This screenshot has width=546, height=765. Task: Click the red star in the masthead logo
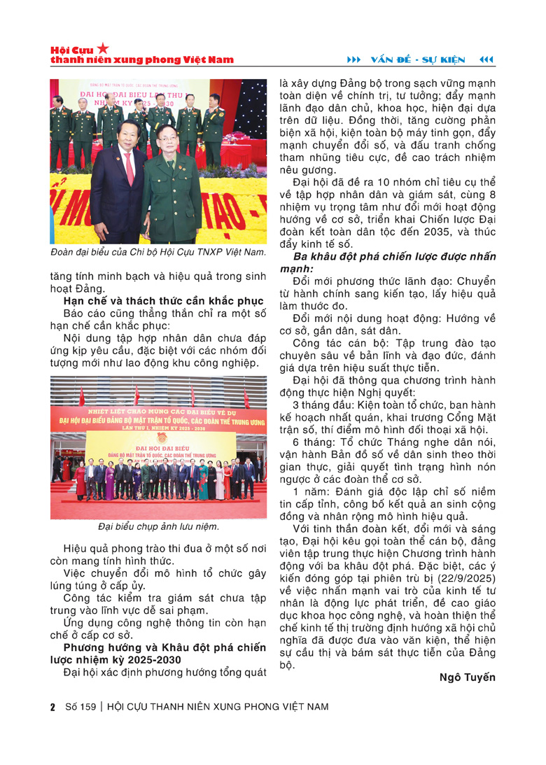[x=103, y=48]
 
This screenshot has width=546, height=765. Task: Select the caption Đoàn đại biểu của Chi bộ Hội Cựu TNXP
[x=158, y=252]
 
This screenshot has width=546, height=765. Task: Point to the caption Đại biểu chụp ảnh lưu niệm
[x=158, y=526]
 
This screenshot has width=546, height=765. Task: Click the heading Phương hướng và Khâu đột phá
[x=160, y=652]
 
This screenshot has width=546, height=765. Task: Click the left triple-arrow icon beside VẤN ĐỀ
[x=355, y=58]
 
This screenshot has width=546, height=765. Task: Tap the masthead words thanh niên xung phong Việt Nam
[x=142, y=60]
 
